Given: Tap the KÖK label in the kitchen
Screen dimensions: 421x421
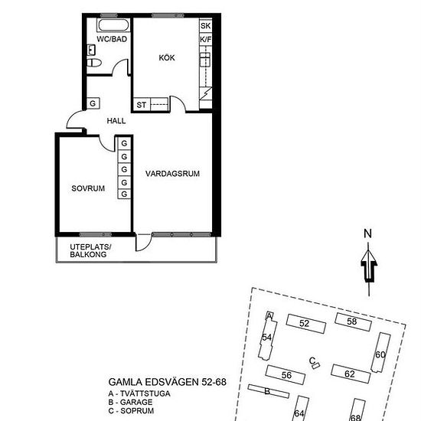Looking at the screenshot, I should coord(167,58).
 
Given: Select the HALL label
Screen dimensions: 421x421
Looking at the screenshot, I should coord(116,120).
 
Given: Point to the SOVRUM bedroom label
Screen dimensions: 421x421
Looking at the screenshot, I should coord(88,188).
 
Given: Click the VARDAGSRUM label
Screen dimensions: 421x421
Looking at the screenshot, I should coord(172,174).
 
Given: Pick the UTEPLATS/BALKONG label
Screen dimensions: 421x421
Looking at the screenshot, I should coord(90,250).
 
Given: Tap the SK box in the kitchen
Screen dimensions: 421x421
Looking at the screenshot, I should coord(205,26).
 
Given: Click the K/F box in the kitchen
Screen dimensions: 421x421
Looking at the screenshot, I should coord(205,40).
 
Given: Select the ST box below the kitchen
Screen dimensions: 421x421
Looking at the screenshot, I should coord(142,104).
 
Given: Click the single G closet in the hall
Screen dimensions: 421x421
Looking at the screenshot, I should coord(93,103).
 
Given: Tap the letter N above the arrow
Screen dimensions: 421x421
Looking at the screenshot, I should coord(367,234).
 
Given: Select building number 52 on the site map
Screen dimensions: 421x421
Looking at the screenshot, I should coord(304,323).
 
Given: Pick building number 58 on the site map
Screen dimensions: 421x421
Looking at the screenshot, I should coord(352,321).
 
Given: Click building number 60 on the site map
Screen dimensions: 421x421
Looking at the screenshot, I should coord(380,354).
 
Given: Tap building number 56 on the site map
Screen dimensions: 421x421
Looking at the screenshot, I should coord(286,375).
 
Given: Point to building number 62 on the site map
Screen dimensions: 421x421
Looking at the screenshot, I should coord(349,374).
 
